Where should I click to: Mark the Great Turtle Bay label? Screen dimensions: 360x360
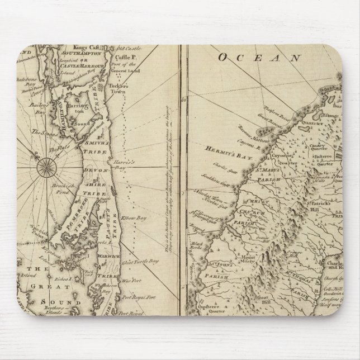click(x=136, y=260)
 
